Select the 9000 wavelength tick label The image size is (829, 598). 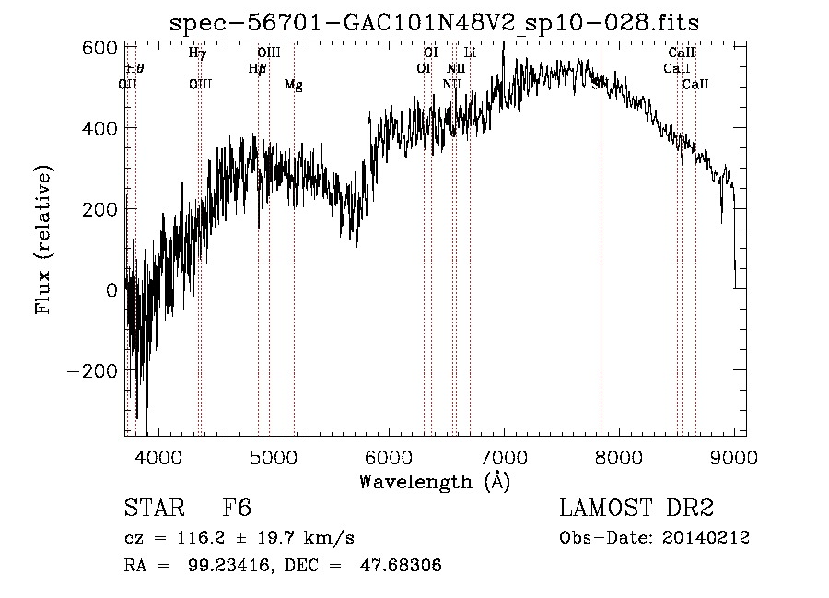[x=733, y=456]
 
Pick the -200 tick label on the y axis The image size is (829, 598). [x=90, y=370]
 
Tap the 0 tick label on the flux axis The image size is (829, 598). [x=111, y=289]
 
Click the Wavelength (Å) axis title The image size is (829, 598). [x=434, y=481]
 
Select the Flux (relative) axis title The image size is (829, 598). [x=44, y=240]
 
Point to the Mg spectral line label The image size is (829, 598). [x=293, y=85]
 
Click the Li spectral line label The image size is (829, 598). [x=470, y=53]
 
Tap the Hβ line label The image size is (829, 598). [x=257, y=68]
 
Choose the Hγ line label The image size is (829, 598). [x=197, y=53]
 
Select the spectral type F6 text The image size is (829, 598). [x=237, y=510]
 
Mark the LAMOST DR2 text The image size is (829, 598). [x=636, y=510]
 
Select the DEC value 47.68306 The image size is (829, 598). [x=403, y=565]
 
